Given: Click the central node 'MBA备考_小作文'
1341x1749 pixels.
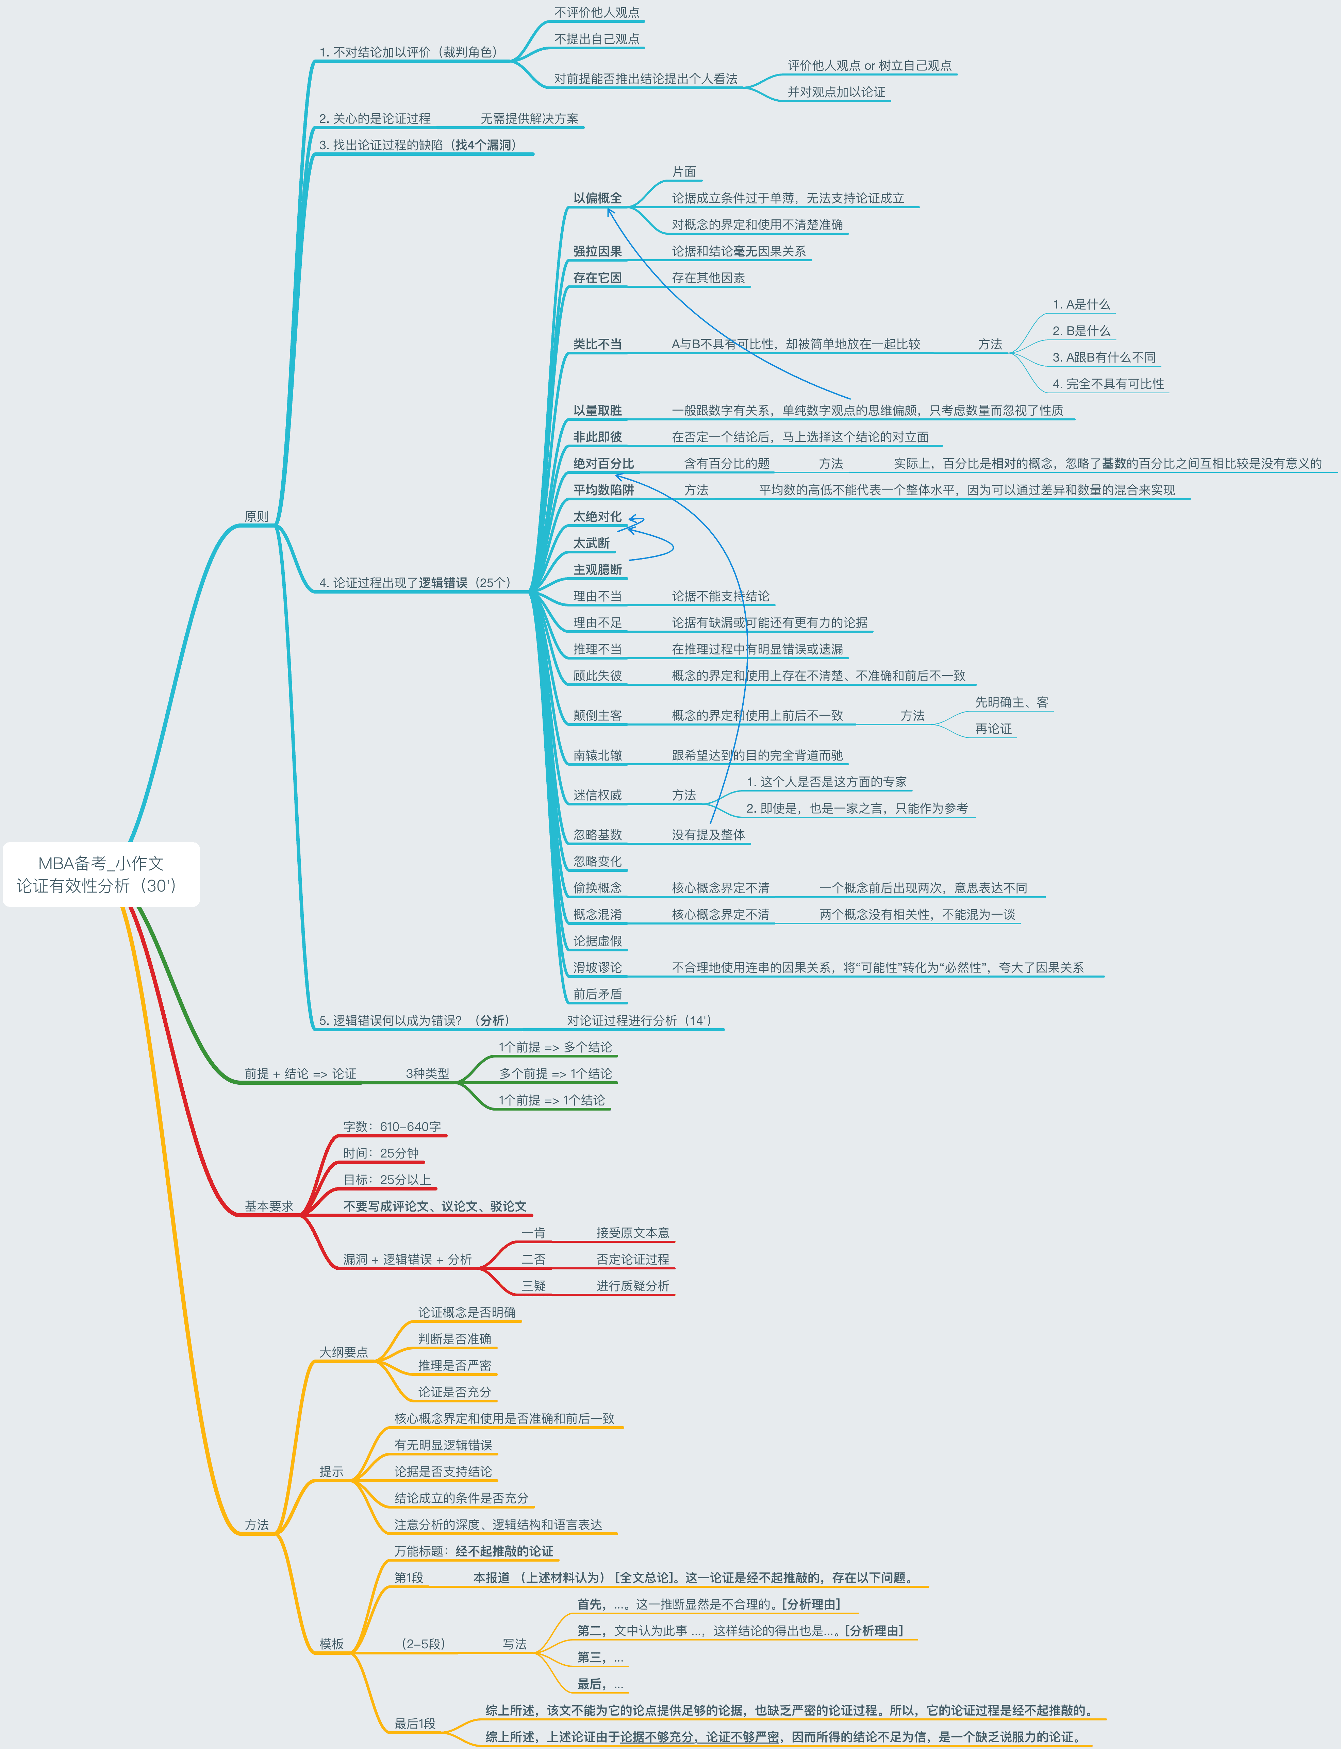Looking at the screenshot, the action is (x=101, y=863).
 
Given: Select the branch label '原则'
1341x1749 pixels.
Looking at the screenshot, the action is (x=256, y=516).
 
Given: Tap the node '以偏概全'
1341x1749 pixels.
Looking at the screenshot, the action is (x=597, y=198).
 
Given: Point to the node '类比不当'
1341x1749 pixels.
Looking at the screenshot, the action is (x=597, y=344).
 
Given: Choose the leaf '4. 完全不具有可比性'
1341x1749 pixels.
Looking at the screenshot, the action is (x=1108, y=384).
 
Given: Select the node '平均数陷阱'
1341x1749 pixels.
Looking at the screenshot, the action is (x=603, y=490).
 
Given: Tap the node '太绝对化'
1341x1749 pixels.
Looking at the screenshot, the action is (x=597, y=516).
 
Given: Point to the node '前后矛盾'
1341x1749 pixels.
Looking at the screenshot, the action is (x=597, y=994).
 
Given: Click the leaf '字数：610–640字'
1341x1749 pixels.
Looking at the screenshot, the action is (x=392, y=1127).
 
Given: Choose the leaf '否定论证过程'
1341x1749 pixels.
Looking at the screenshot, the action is (x=633, y=1259).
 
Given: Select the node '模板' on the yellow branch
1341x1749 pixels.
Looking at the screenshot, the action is (x=331, y=1644).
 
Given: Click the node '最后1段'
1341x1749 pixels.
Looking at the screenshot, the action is (x=415, y=1723).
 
